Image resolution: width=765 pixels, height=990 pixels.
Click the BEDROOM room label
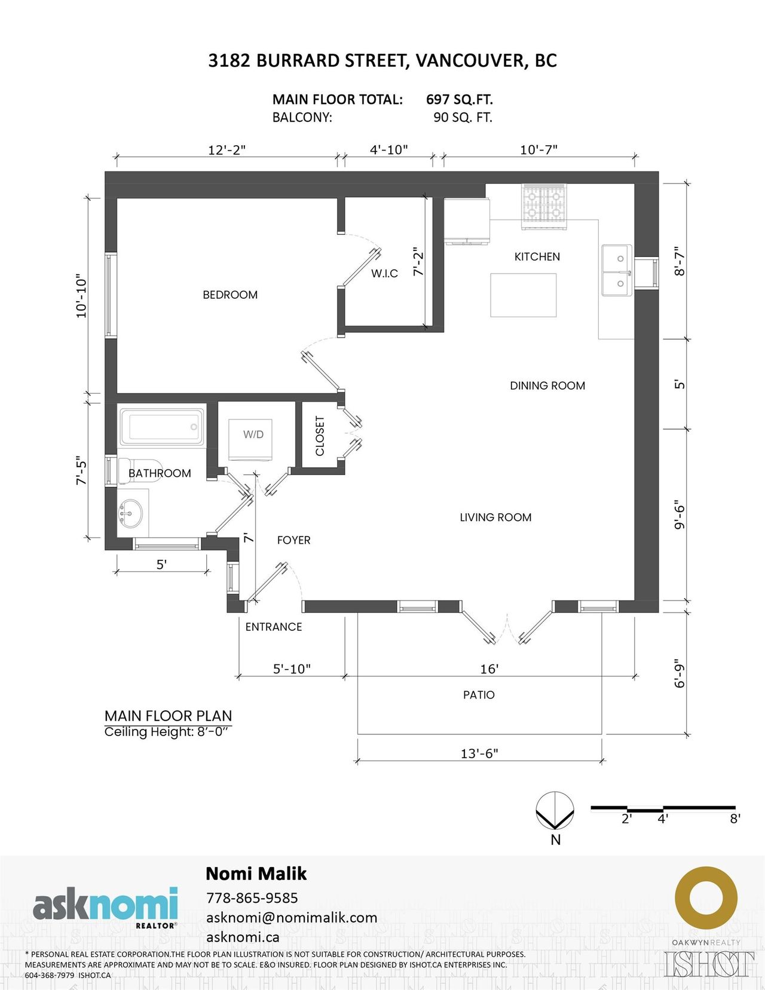(x=230, y=295)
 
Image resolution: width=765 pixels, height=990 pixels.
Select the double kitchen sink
(x=617, y=270)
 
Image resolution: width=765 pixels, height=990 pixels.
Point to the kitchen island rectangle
(x=524, y=295)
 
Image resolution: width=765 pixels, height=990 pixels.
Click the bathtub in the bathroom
(x=162, y=427)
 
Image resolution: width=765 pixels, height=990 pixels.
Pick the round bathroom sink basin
(x=130, y=514)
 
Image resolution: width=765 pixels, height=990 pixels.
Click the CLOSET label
(x=319, y=436)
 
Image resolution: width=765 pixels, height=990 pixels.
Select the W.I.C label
(x=384, y=274)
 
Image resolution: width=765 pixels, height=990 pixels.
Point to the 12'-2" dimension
(x=227, y=150)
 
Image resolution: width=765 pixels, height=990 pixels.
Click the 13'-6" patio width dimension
(x=480, y=753)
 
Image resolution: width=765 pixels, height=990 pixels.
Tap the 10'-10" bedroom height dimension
(x=81, y=296)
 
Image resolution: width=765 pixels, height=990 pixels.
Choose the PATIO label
(x=479, y=695)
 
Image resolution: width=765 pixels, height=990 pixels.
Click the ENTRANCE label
(x=274, y=627)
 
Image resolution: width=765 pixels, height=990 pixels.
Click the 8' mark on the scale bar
(x=735, y=819)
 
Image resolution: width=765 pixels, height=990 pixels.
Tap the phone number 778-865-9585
(x=252, y=898)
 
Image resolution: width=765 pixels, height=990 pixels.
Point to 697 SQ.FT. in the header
(x=459, y=99)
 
